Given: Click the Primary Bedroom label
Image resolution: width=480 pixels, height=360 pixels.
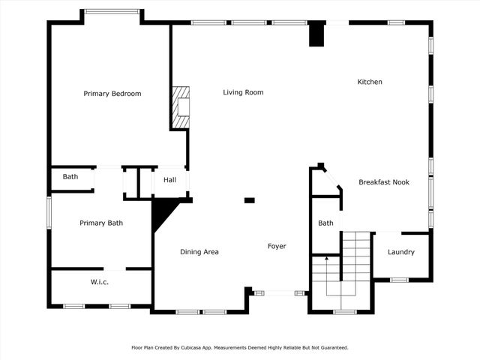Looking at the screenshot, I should [x=112, y=94].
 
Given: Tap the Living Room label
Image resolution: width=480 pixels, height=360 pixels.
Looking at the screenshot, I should [x=243, y=92].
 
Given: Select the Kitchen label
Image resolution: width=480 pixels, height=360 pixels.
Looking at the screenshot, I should [x=370, y=82].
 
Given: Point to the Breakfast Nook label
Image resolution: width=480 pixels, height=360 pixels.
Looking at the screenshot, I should [x=383, y=182].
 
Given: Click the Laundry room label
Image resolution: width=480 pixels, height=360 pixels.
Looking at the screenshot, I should [x=400, y=252].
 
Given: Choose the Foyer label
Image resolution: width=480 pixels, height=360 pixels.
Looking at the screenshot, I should [x=277, y=246].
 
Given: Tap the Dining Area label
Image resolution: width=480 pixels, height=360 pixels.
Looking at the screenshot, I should [x=199, y=252].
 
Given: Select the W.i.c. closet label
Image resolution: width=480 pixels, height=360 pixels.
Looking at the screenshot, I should [x=100, y=282].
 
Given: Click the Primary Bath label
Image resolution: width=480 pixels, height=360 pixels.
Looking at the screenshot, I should [x=101, y=223].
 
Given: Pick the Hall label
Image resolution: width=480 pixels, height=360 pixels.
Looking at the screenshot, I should [x=169, y=180].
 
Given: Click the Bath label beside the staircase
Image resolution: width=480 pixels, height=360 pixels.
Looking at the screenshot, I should [x=325, y=223].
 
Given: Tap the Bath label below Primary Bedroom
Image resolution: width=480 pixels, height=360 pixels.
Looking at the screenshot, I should [x=70, y=177].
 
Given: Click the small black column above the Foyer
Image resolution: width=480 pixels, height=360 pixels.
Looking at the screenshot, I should [x=250, y=200].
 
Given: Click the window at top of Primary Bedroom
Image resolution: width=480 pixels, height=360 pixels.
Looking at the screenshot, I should [x=112, y=11].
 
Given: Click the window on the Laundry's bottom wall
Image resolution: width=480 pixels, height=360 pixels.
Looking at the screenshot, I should [x=399, y=280].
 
